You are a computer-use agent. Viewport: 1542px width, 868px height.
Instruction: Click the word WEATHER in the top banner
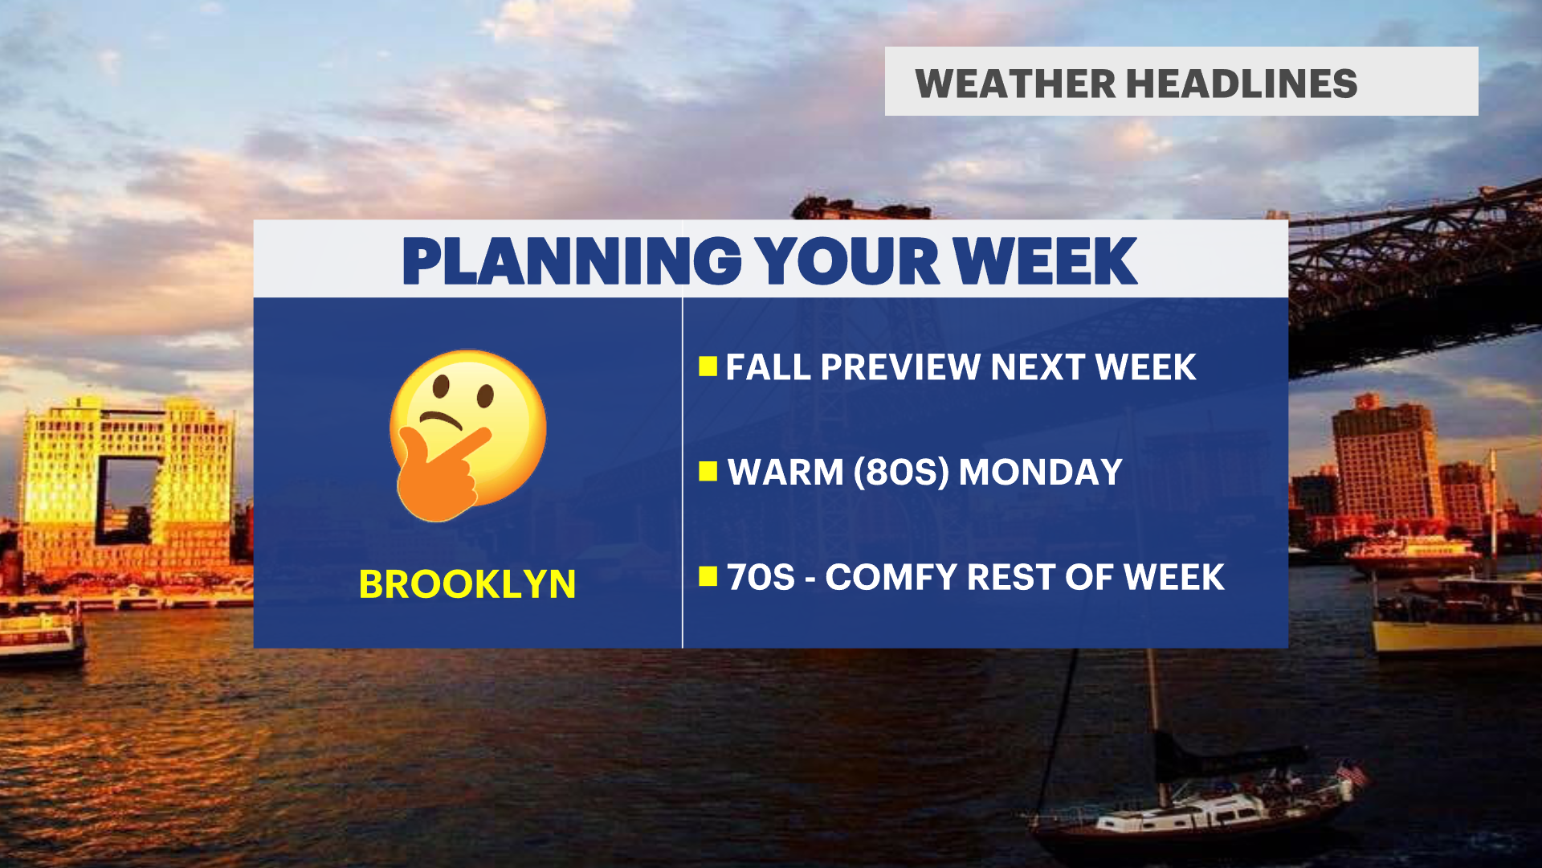tap(1015, 84)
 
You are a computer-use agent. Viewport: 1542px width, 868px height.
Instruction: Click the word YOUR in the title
tap(848, 261)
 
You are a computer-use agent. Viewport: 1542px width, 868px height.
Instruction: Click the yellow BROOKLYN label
tap(467, 584)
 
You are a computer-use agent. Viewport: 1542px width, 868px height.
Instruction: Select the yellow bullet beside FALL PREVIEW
tap(708, 366)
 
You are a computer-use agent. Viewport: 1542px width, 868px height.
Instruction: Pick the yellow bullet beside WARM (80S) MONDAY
tap(708, 471)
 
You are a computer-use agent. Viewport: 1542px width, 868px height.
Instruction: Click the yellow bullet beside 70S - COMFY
tap(708, 576)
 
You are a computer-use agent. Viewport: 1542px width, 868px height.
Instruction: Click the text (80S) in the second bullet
tap(900, 472)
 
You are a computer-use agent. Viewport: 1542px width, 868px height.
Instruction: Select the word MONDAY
tap(1041, 472)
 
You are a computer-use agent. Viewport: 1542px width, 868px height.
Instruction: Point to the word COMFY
tap(891, 577)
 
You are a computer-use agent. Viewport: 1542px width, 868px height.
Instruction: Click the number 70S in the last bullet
tap(761, 577)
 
